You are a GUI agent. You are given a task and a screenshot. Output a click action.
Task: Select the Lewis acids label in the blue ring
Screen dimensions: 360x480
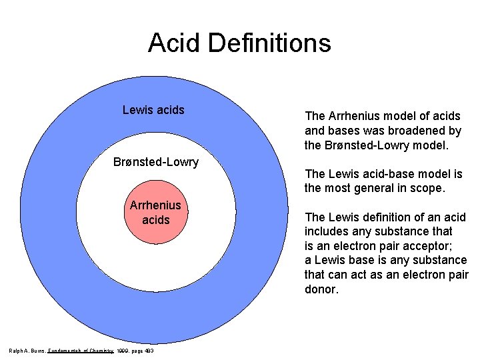153,110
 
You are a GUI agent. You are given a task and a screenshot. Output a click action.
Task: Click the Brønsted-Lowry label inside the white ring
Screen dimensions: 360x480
156,162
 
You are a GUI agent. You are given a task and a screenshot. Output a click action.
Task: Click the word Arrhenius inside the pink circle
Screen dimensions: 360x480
155,205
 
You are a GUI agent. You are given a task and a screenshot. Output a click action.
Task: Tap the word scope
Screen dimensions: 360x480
428,188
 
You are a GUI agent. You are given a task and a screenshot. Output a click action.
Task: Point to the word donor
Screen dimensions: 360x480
321,290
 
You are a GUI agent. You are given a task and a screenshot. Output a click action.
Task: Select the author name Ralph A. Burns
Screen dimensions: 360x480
26,351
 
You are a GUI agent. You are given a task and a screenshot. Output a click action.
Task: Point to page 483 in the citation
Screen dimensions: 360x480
145,351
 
